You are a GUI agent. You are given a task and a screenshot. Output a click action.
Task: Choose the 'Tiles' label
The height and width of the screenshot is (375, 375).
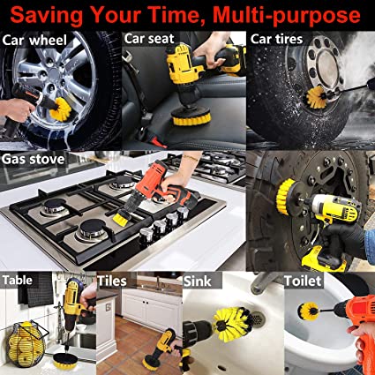113,281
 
